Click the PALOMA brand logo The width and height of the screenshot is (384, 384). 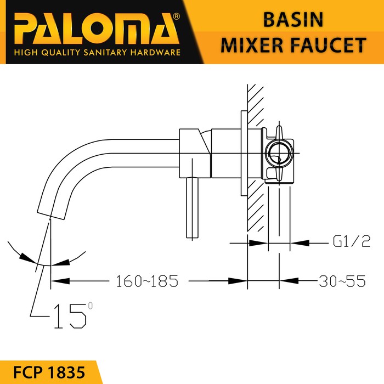pos(95,29)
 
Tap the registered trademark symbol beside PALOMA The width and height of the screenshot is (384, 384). pos(176,16)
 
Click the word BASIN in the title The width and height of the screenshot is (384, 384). pos(293,20)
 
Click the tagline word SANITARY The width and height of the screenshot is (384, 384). pos(105,53)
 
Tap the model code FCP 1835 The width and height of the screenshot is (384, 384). pos(49,372)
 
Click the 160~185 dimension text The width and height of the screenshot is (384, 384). pos(147,281)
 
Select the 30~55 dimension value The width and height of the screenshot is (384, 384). pos(342,281)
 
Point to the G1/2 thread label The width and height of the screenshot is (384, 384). pos(352,241)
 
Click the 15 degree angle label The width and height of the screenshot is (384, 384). pos(73,315)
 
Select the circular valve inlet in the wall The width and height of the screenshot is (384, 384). pos(279,154)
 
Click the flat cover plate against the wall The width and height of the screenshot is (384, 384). pos(244,153)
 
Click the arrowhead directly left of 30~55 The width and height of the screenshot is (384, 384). pos(289,281)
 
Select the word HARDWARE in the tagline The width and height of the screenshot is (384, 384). pos(155,53)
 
